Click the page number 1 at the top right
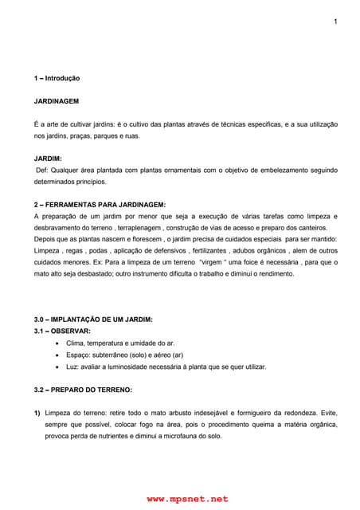coord(335,21)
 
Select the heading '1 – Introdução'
coord(57,79)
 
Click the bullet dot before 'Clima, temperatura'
coord(59,343)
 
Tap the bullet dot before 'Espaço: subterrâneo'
coord(59,355)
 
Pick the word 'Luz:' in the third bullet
coord(74,367)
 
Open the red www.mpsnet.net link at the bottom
coord(187,499)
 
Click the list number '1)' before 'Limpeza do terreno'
coord(37,414)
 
